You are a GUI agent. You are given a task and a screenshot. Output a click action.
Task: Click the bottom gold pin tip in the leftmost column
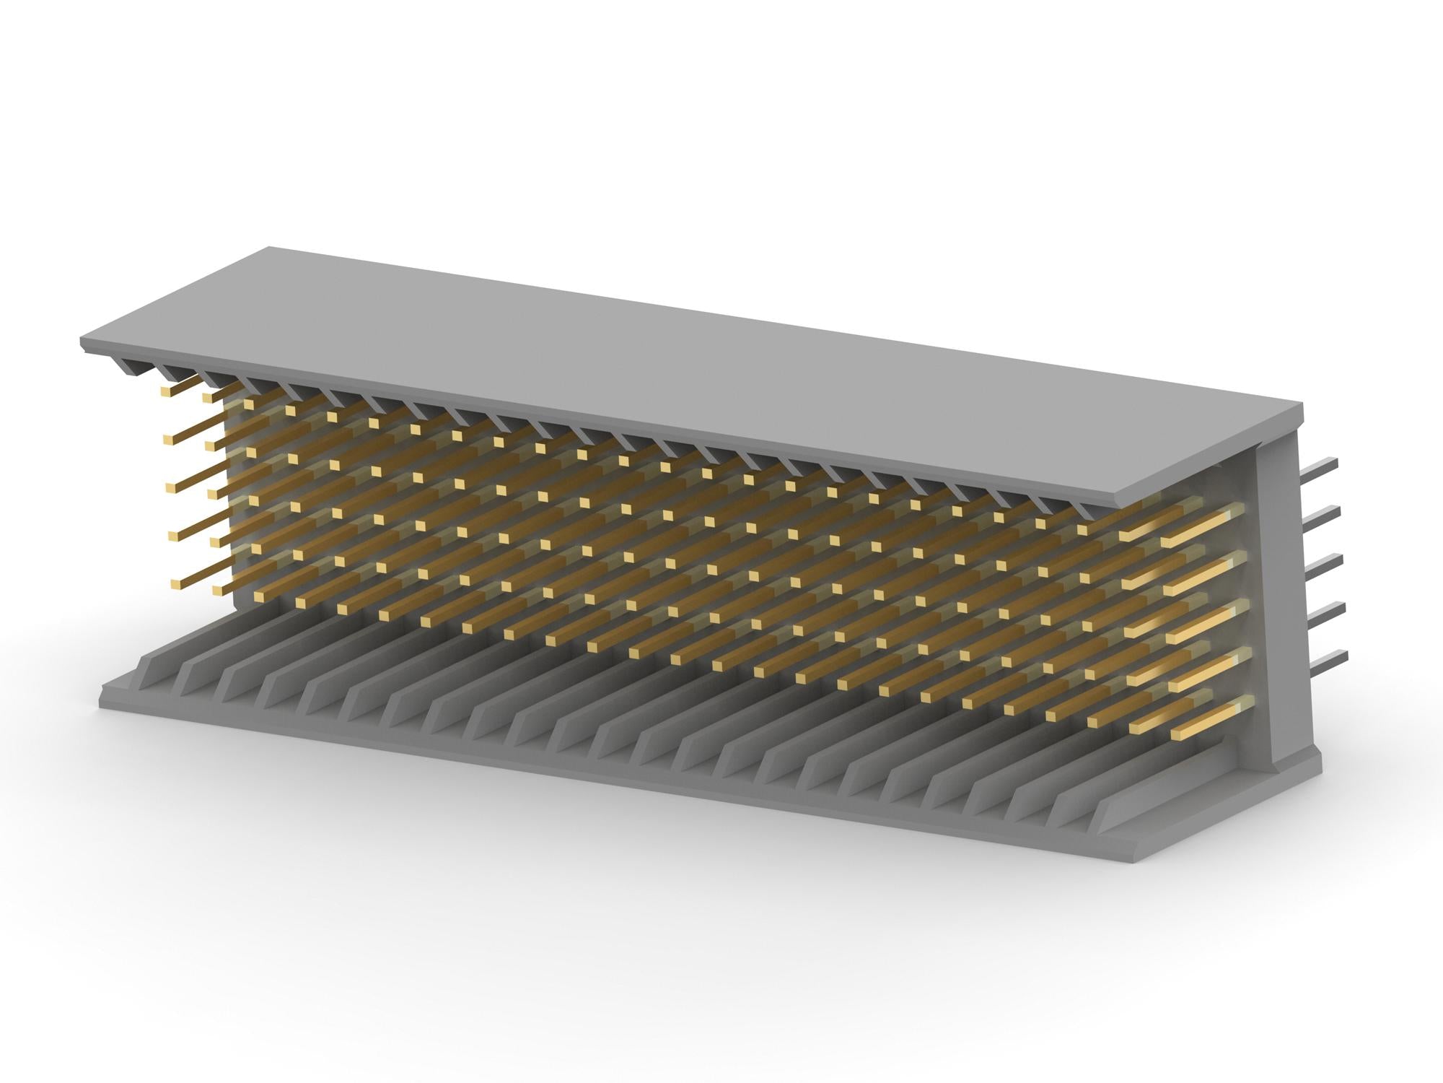tap(174, 582)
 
